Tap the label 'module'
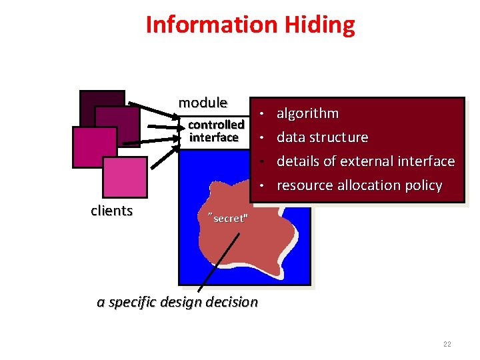point(203,103)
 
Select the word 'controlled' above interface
point(216,125)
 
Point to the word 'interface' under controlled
point(214,137)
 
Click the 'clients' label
point(112,211)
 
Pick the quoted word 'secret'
point(229,219)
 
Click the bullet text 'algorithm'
point(307,113)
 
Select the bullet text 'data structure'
point(322,137)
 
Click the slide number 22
point(447,344)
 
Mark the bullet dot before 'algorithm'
point(264,113)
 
